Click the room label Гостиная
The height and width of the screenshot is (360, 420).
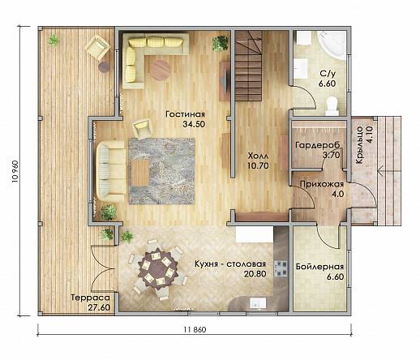[185, 114]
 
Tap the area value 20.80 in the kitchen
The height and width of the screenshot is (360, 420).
[255, 274]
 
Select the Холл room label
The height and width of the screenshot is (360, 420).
[259, 156]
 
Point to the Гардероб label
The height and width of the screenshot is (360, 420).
[318, 145]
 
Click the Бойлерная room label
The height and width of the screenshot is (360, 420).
[319, 267]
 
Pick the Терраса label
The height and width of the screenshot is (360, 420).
[91, 298]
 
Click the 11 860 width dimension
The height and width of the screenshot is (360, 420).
[195, 329]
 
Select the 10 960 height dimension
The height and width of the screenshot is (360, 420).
[15, 171]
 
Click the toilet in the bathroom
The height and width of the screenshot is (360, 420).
[332, 106]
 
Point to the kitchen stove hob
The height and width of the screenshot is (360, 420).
[281, 268]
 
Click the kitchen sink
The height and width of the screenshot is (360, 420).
[258, 302]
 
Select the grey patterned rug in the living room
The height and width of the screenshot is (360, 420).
[161, 171]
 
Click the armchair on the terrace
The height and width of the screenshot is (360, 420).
[97, 48]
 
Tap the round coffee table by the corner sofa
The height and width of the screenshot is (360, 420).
[161, 69]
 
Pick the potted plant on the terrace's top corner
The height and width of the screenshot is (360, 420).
[54, 41]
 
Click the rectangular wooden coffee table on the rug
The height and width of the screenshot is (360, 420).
[140, 173]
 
